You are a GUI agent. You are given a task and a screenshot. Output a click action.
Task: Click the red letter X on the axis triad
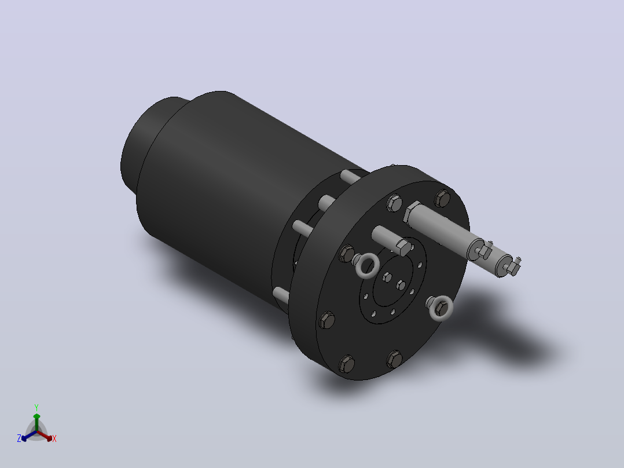(x=54, y=438)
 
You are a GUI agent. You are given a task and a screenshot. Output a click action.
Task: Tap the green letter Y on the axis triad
(x=36, y=407)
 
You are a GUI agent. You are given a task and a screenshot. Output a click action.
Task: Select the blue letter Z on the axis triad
(x=19, y=438)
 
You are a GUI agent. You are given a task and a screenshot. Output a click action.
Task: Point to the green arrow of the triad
(x=36, y=422)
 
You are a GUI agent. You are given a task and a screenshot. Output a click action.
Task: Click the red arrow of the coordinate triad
(x=45, y=436)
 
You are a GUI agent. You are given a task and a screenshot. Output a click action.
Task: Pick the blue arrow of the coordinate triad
(x=29, y=436)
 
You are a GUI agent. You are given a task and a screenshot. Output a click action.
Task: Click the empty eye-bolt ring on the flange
(x=367, y=266)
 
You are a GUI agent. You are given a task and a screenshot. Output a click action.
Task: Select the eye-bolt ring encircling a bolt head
(x=441, y=308)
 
